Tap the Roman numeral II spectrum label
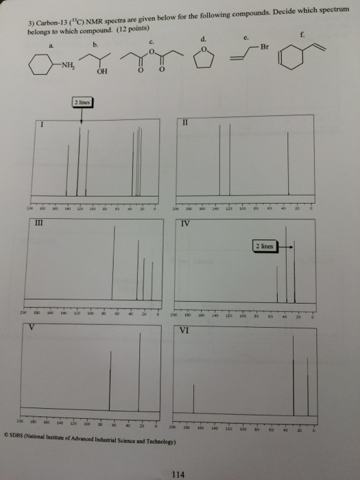184,123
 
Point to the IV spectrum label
184,224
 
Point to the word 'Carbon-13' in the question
49,23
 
